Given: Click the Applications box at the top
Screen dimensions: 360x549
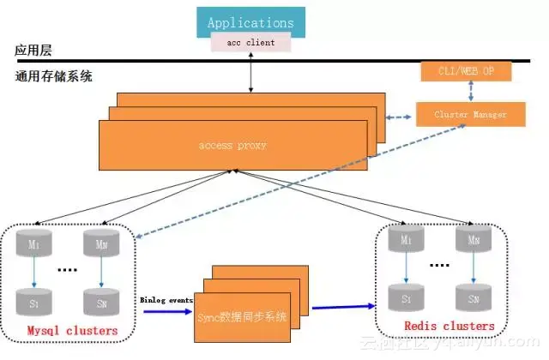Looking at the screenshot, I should click(250, 22).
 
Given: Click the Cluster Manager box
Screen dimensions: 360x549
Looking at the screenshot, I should click(470, 114).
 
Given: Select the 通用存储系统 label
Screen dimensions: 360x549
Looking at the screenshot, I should click(53, 76).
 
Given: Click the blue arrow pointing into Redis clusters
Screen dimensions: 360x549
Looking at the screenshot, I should click(343, 305).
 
